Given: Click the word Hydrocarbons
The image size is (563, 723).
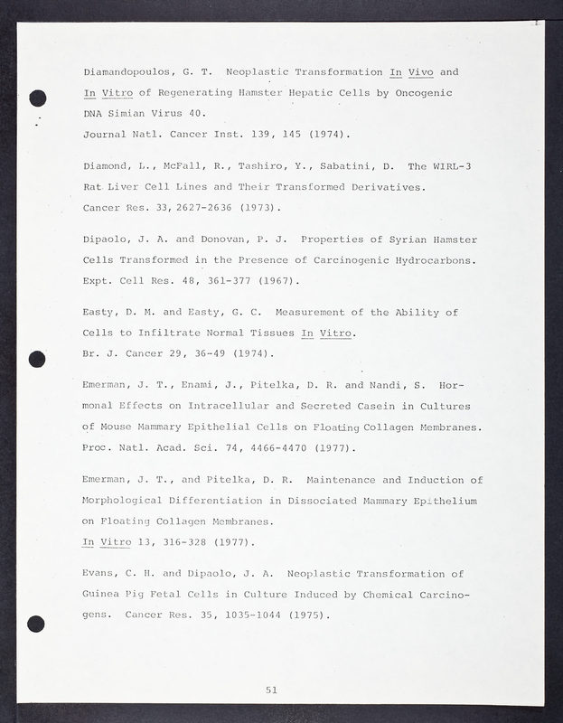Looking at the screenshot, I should pos(437,260).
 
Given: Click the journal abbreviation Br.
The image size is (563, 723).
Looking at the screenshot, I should pos(89,353).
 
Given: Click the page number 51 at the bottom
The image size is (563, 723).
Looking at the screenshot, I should pos(271,690).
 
